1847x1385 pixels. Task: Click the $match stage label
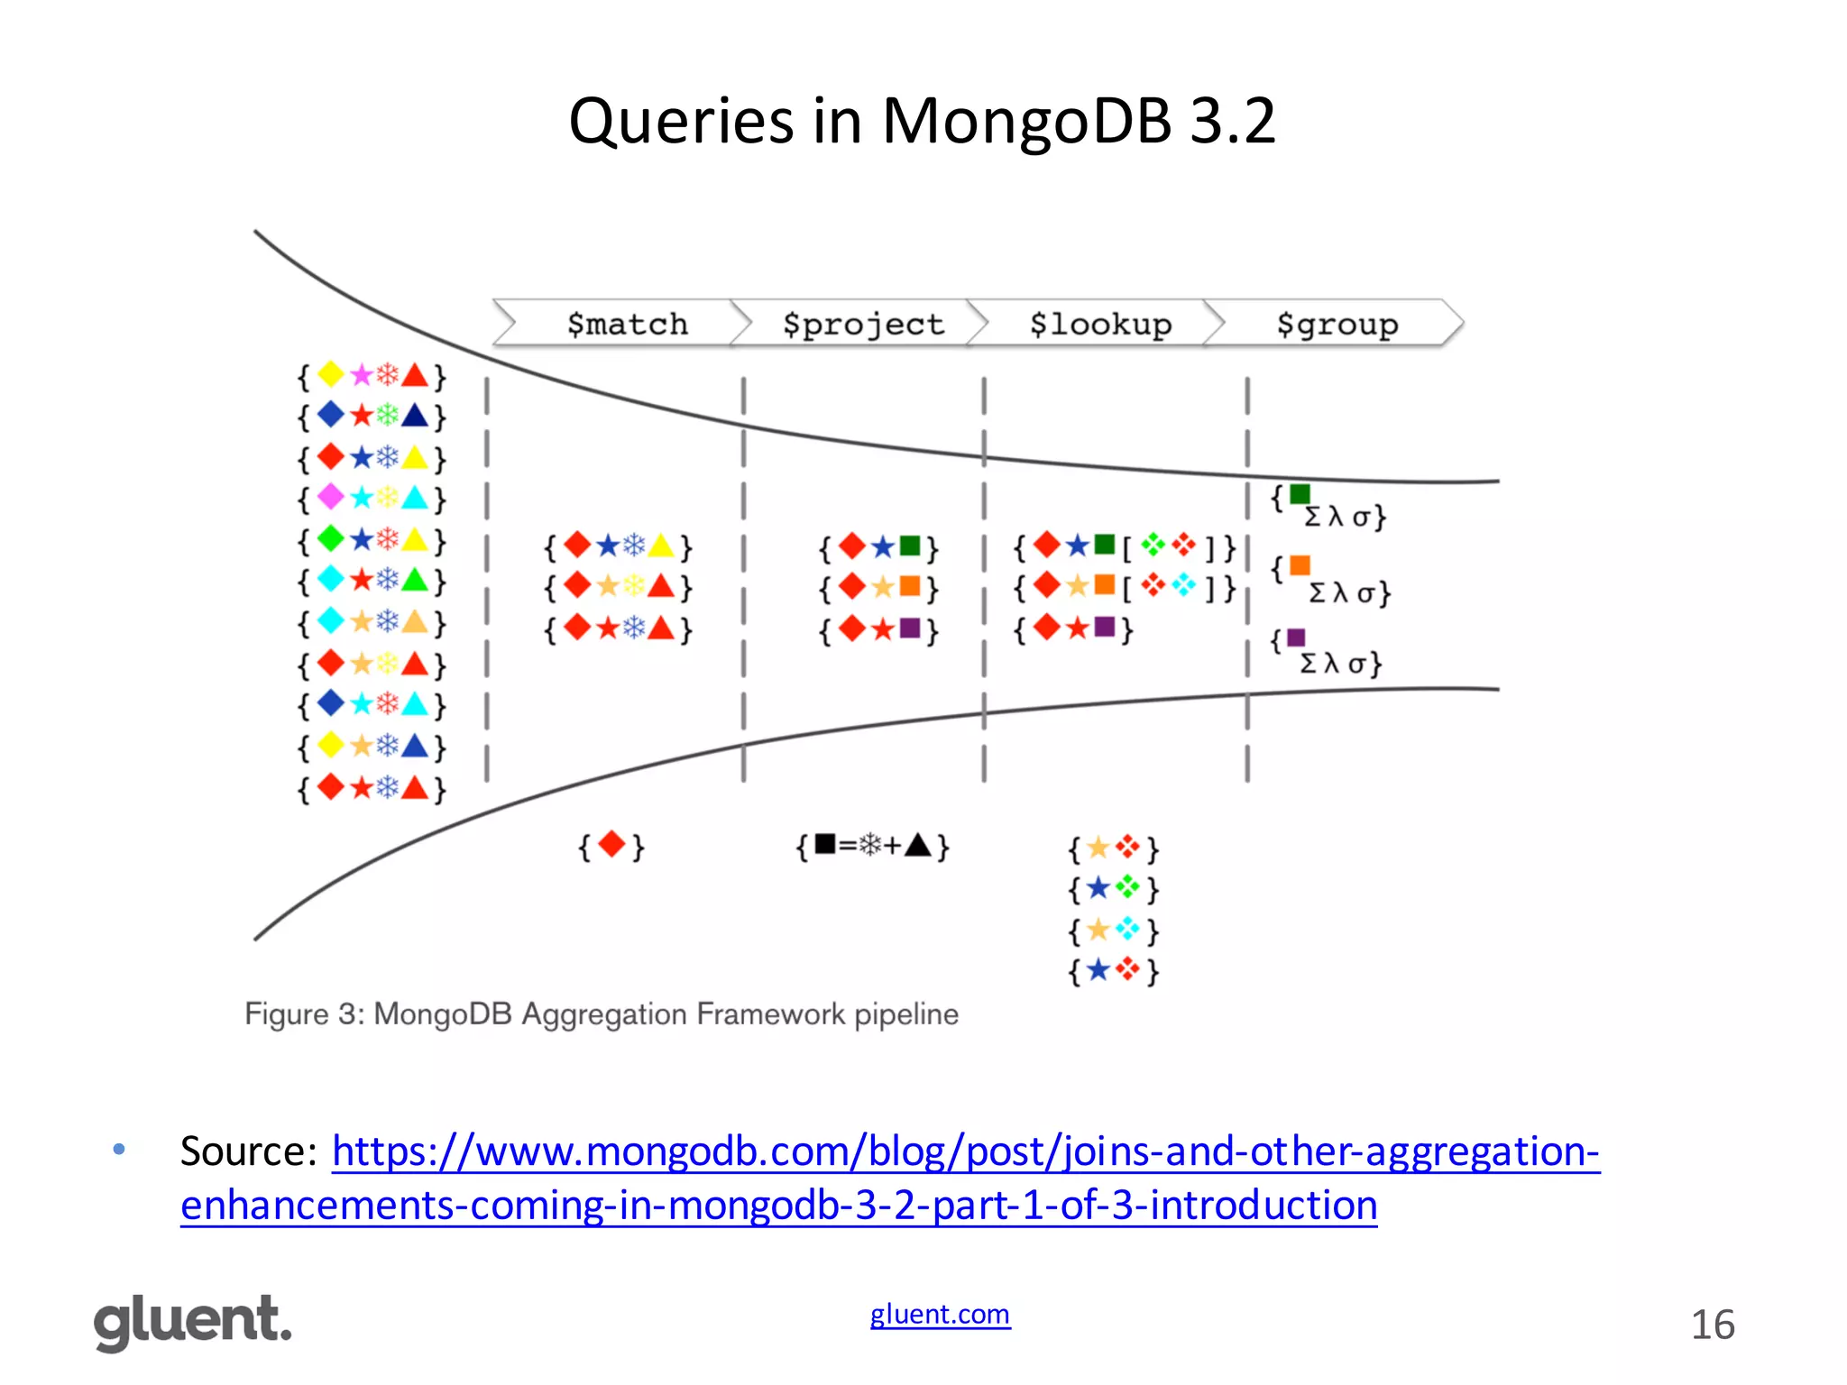[627, 324]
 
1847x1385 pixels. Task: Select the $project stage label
[863, 324]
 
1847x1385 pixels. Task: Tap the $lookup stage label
[1100, 324]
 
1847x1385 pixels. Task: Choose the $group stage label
[1337, 324]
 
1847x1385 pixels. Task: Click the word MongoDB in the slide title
[1026, 121]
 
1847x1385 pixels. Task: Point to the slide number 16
[1712, 1325]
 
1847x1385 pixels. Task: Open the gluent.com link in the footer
[940, 1314]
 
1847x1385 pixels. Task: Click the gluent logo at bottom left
[193, 1322]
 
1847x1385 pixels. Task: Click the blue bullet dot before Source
[119, 1149]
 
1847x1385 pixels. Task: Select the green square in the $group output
[1300, 494]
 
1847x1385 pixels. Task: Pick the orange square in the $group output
[1300, 565]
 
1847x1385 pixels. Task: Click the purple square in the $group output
[1296, 637]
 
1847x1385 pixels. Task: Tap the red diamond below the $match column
[611, 845]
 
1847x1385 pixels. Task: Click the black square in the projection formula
[824, 844]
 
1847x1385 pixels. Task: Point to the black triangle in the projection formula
[917, 845]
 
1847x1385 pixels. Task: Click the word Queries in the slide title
[681, 121]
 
